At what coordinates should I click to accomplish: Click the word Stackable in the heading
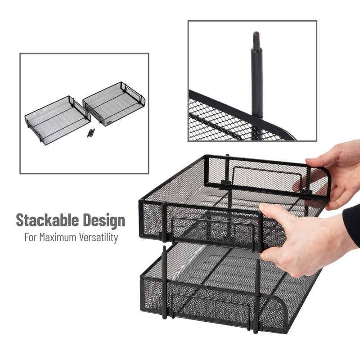48,220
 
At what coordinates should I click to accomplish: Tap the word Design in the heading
103,220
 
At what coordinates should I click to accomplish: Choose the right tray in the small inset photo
113,103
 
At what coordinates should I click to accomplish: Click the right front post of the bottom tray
257,297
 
